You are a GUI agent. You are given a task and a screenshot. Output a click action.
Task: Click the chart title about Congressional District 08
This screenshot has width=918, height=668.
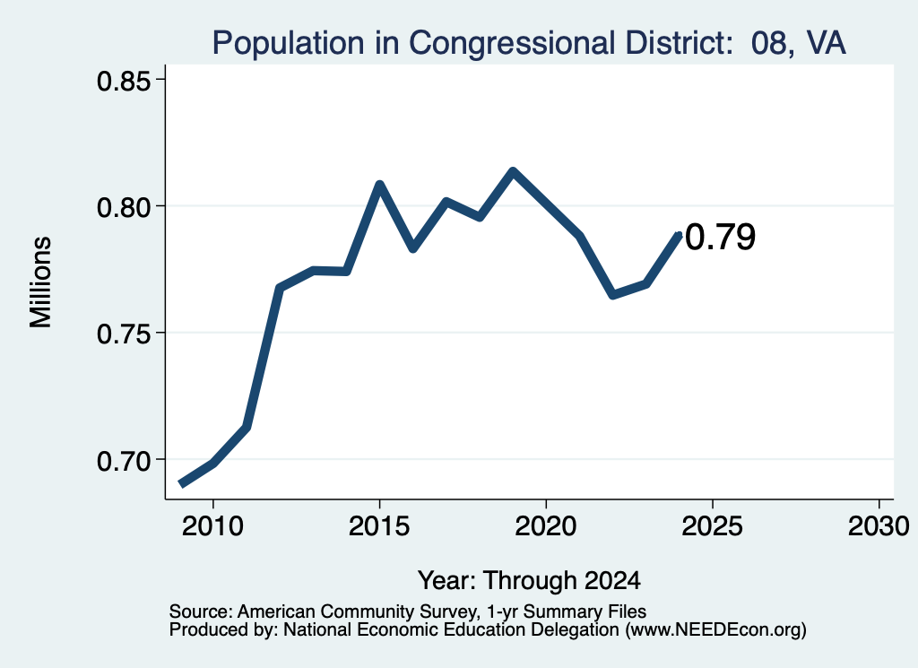point(529,43)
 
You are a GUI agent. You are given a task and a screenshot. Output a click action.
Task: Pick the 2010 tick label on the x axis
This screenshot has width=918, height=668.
point(212,526)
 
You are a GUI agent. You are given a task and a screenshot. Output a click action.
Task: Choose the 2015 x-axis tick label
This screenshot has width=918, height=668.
point(379,526)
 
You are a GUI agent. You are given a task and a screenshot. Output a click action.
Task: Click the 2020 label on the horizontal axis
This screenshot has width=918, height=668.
point(546,526)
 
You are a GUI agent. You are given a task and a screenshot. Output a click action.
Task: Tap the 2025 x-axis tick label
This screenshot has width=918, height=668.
point(713,526)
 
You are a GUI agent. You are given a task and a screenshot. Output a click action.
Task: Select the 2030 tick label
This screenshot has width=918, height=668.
point(879,526)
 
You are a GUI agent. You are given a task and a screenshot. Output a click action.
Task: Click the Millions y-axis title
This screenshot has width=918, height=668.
point(40,282)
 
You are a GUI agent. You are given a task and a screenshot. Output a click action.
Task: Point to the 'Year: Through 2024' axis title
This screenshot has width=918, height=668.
point(529,580)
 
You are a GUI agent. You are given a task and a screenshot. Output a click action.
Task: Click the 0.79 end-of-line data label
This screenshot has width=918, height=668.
point(720,237)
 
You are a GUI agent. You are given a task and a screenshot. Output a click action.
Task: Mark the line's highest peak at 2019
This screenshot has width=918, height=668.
point(513,171)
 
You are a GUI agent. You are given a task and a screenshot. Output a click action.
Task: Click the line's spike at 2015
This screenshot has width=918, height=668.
point(379,185)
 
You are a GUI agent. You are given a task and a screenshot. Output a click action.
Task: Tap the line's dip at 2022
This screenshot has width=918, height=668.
point(612,294)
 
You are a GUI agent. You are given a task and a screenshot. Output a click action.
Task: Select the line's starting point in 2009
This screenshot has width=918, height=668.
point(181,484)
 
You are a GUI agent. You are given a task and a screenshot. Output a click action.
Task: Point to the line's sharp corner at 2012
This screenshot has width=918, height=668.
point(280,288)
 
